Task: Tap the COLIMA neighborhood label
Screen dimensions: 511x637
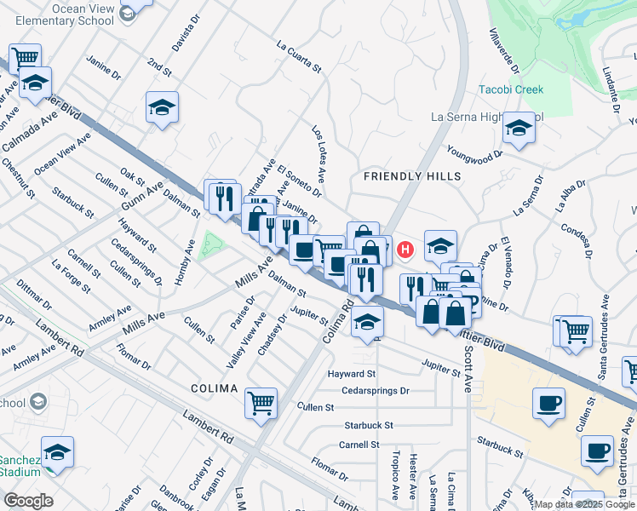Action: (x=214, y=388)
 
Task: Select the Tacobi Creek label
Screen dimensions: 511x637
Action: (x=510, y=89)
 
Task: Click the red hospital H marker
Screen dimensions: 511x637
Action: (x=406, y=250)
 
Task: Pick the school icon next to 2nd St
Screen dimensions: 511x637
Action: (x=162, y=108)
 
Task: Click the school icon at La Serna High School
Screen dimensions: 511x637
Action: (x=518, y=129)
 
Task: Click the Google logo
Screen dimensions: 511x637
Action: (x=28, y=501)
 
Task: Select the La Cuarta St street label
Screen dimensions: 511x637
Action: (x=299, y=55)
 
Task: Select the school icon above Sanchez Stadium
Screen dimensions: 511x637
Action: (x=57, y=451)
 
